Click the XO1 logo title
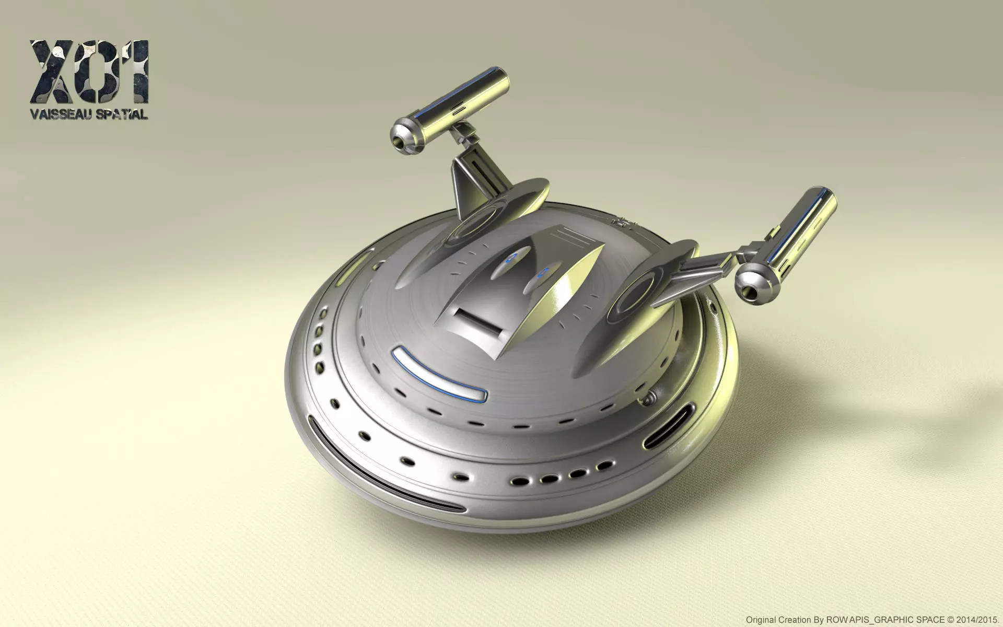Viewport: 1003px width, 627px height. [x=89, y=72]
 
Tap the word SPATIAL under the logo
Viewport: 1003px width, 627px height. [x=121, y=114]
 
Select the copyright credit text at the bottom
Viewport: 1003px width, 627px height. [x=872, y=620]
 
